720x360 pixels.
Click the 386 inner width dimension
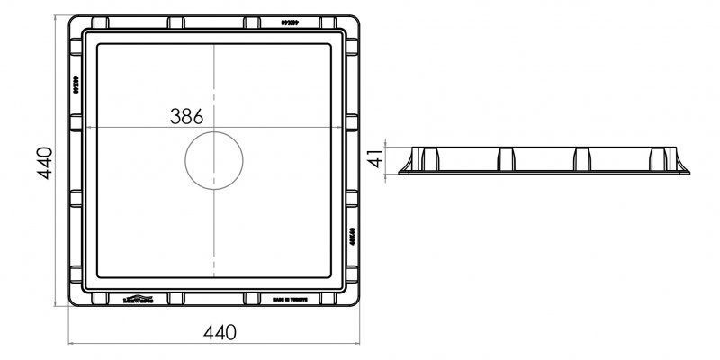click(186, 116)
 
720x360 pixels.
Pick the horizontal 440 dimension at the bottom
click(220, 332)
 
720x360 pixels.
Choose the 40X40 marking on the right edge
click(354, 243)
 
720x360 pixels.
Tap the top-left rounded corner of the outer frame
click(75, 19)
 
